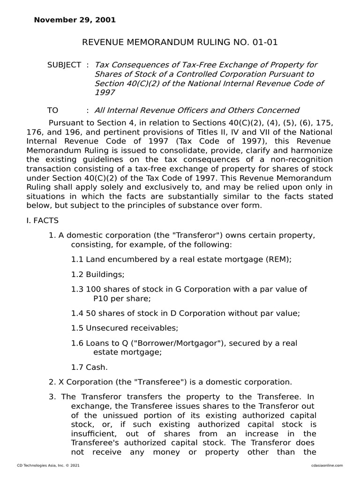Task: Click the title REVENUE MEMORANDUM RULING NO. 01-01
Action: [180, 43]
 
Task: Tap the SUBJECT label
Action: [64, 65]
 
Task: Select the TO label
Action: [52, 110]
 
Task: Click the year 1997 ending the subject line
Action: [105, 92]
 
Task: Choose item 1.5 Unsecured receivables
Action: [125, 328]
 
